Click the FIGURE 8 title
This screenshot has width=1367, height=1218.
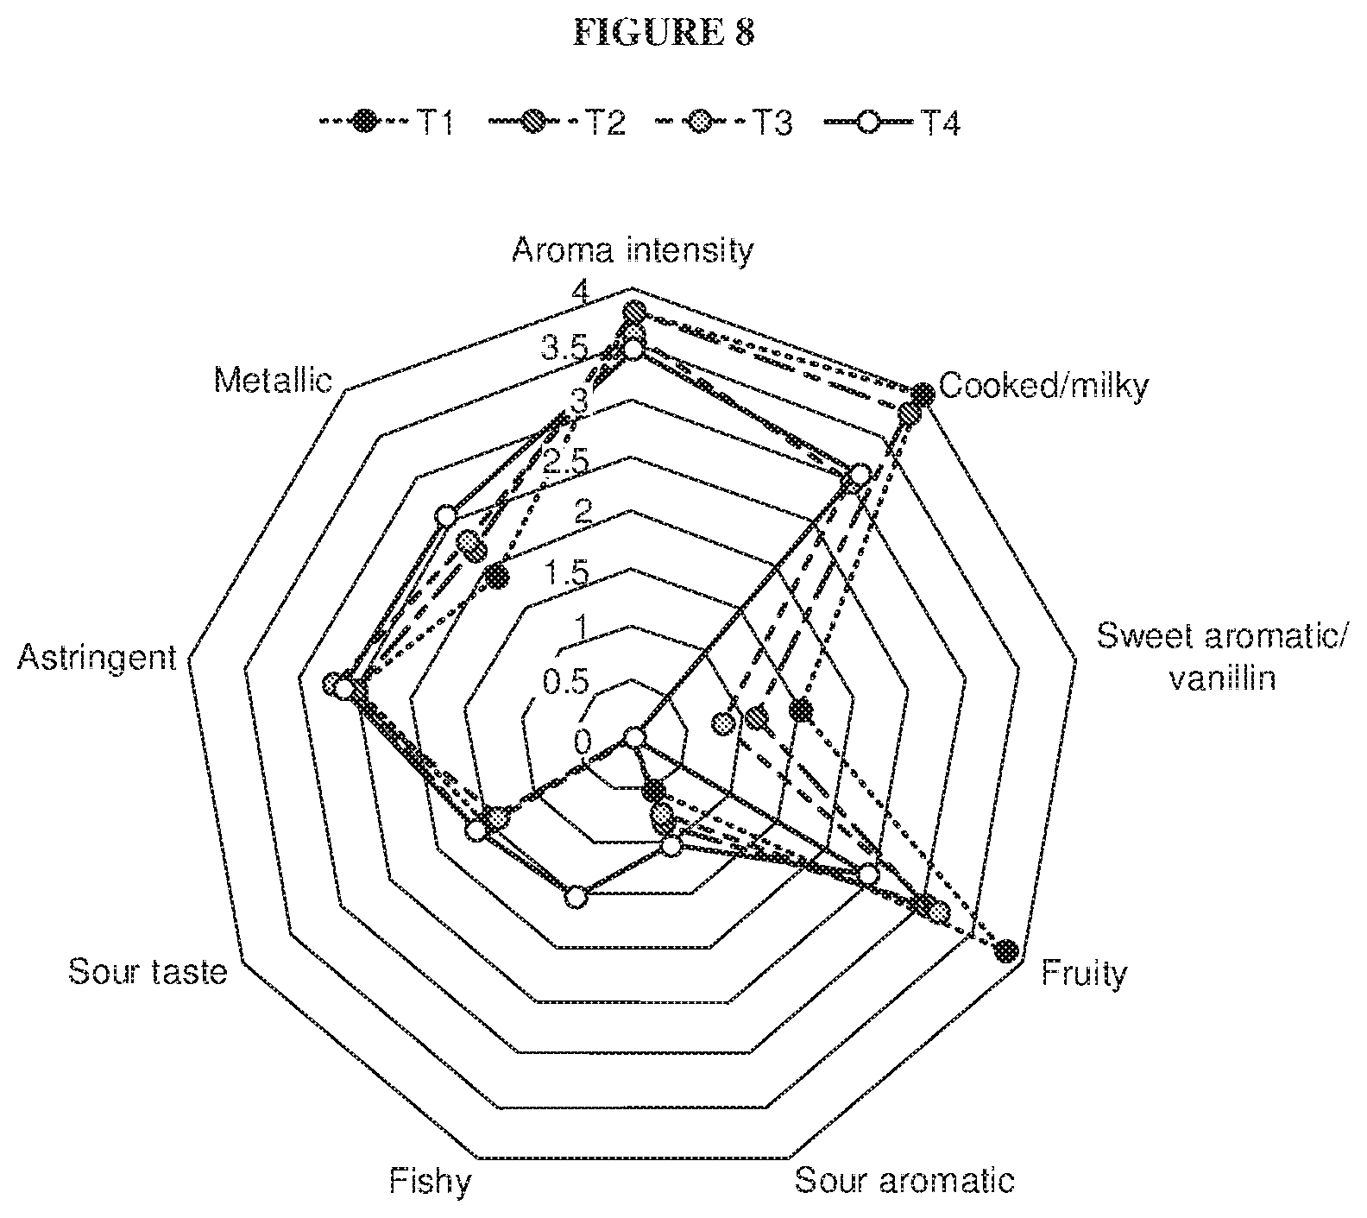point(665,32)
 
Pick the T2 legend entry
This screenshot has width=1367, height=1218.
point(557,123)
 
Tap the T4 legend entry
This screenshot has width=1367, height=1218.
point(893,123)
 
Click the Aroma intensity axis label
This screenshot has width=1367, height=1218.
point(633,250)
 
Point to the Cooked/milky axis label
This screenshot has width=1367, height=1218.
point(1043,386)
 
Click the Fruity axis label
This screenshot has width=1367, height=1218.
point(1084,974)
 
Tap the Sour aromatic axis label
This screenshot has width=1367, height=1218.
point(904,1180)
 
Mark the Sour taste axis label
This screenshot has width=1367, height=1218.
point(148,972)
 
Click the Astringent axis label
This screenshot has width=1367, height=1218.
point(97,659)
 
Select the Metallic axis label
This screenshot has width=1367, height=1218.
point(274,380)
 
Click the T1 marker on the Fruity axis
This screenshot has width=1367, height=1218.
point(1005,951)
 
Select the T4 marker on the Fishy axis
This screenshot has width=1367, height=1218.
point(576,899)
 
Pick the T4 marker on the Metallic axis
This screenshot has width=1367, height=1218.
point(445,516)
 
